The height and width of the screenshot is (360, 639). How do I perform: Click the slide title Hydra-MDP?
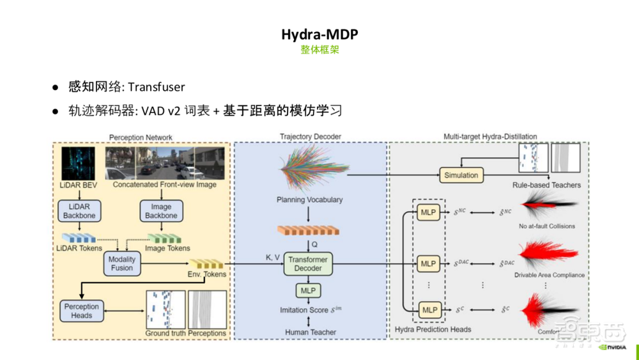319,34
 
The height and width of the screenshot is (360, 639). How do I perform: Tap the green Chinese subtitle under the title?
319,50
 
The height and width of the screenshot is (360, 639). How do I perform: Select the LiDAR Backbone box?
79,211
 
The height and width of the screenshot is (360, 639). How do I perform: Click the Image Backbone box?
161,211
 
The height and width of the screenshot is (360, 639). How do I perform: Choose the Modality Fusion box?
122,263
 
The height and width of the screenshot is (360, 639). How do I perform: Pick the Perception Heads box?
82,311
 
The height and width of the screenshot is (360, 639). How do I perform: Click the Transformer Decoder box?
308,263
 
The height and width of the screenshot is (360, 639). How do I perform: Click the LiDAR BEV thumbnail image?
78,162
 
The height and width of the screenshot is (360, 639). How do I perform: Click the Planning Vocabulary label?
310,200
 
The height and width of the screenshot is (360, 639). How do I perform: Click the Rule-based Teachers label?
546,185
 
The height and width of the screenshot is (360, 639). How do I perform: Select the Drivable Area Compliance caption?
549,276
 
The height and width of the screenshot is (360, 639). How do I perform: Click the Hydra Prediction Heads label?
433,329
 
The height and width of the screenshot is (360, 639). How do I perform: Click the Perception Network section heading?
141,137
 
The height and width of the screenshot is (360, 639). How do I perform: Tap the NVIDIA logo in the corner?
614,349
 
